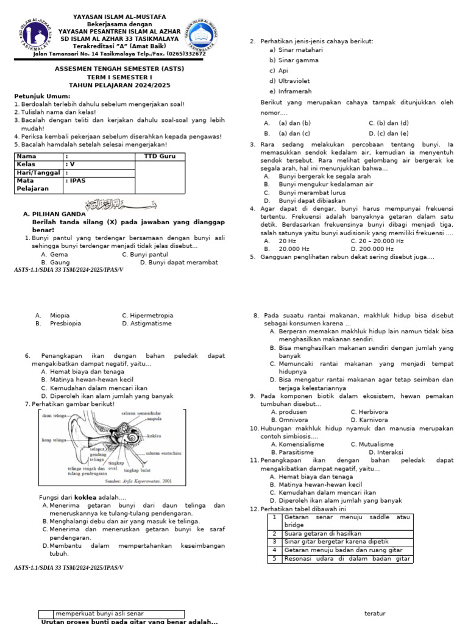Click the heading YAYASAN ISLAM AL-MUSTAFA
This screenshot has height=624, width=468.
pos(121,17)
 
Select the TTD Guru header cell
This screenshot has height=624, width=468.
pos(160,157)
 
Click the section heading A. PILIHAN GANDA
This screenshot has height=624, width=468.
pos(54,214)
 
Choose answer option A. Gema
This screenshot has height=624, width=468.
pos(54,254)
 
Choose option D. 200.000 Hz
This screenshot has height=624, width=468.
pos(372,249)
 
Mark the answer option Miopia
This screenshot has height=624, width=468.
pos(59,316)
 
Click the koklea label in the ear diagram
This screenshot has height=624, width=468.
pos(154,436)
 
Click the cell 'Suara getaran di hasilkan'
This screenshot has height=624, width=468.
pos(322,533)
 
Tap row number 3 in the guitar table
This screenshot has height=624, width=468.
pos(274,541)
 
